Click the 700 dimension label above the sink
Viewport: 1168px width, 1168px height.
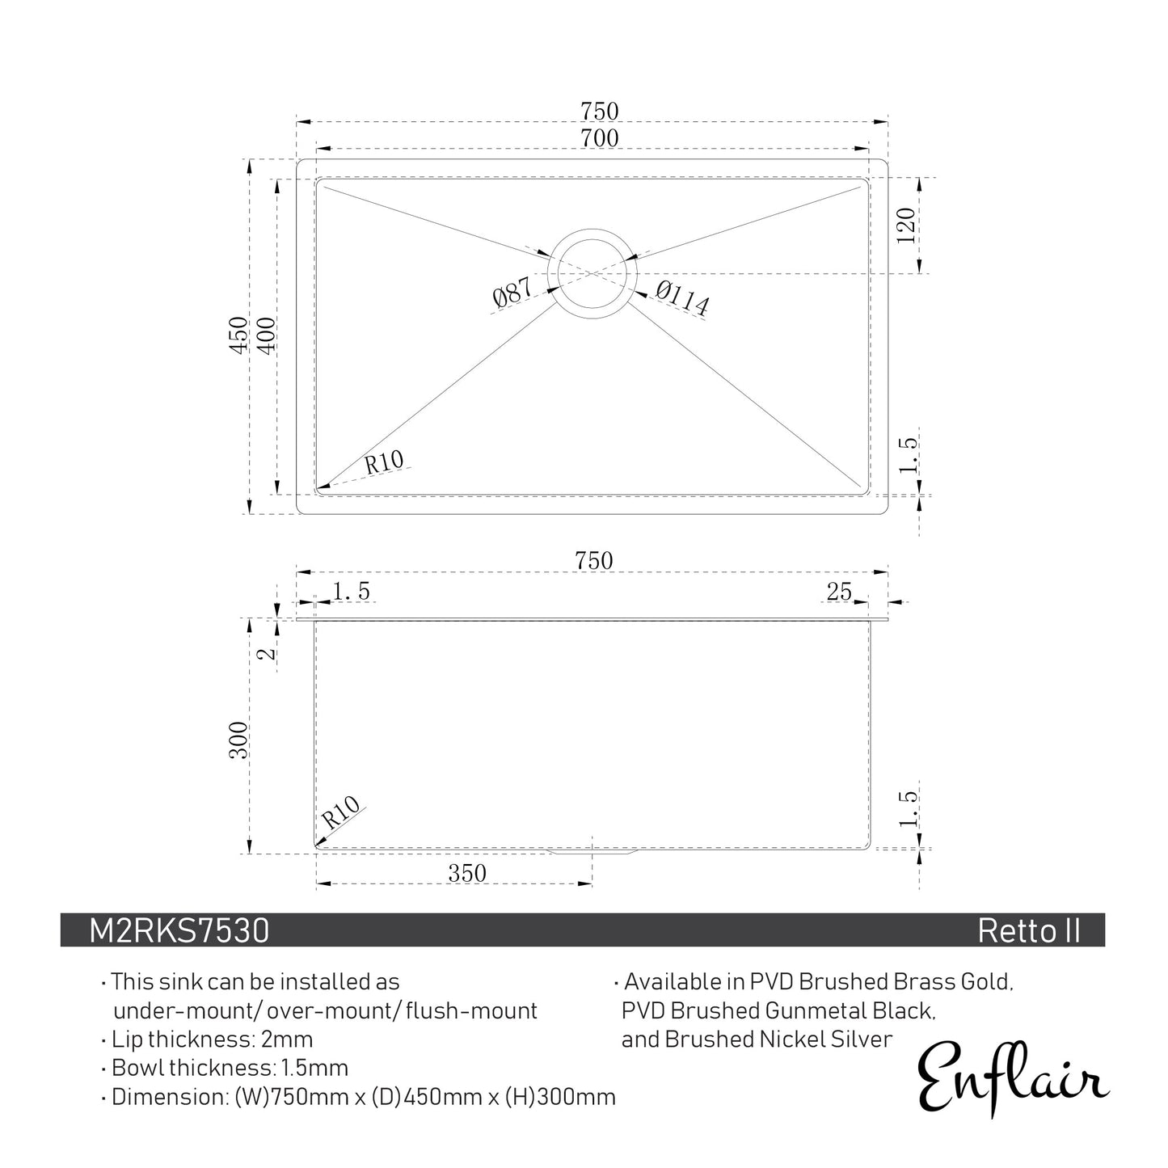click(599, 139)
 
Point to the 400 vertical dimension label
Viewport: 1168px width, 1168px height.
click(266, 334)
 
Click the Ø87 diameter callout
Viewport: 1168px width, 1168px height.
click(512, 293)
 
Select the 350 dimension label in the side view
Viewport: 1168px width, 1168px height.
click(467, 873)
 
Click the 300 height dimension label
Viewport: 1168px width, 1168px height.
click(239, 740)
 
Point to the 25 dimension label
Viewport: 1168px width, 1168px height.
click(839, 592)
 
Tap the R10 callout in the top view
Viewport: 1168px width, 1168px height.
click(384, 463)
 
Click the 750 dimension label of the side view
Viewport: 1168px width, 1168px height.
click(594, 560)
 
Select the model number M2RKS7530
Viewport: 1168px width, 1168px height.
click(179, 931)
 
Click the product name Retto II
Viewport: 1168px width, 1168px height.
click(1028, 931)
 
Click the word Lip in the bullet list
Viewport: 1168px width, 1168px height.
click(126, 1039)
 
